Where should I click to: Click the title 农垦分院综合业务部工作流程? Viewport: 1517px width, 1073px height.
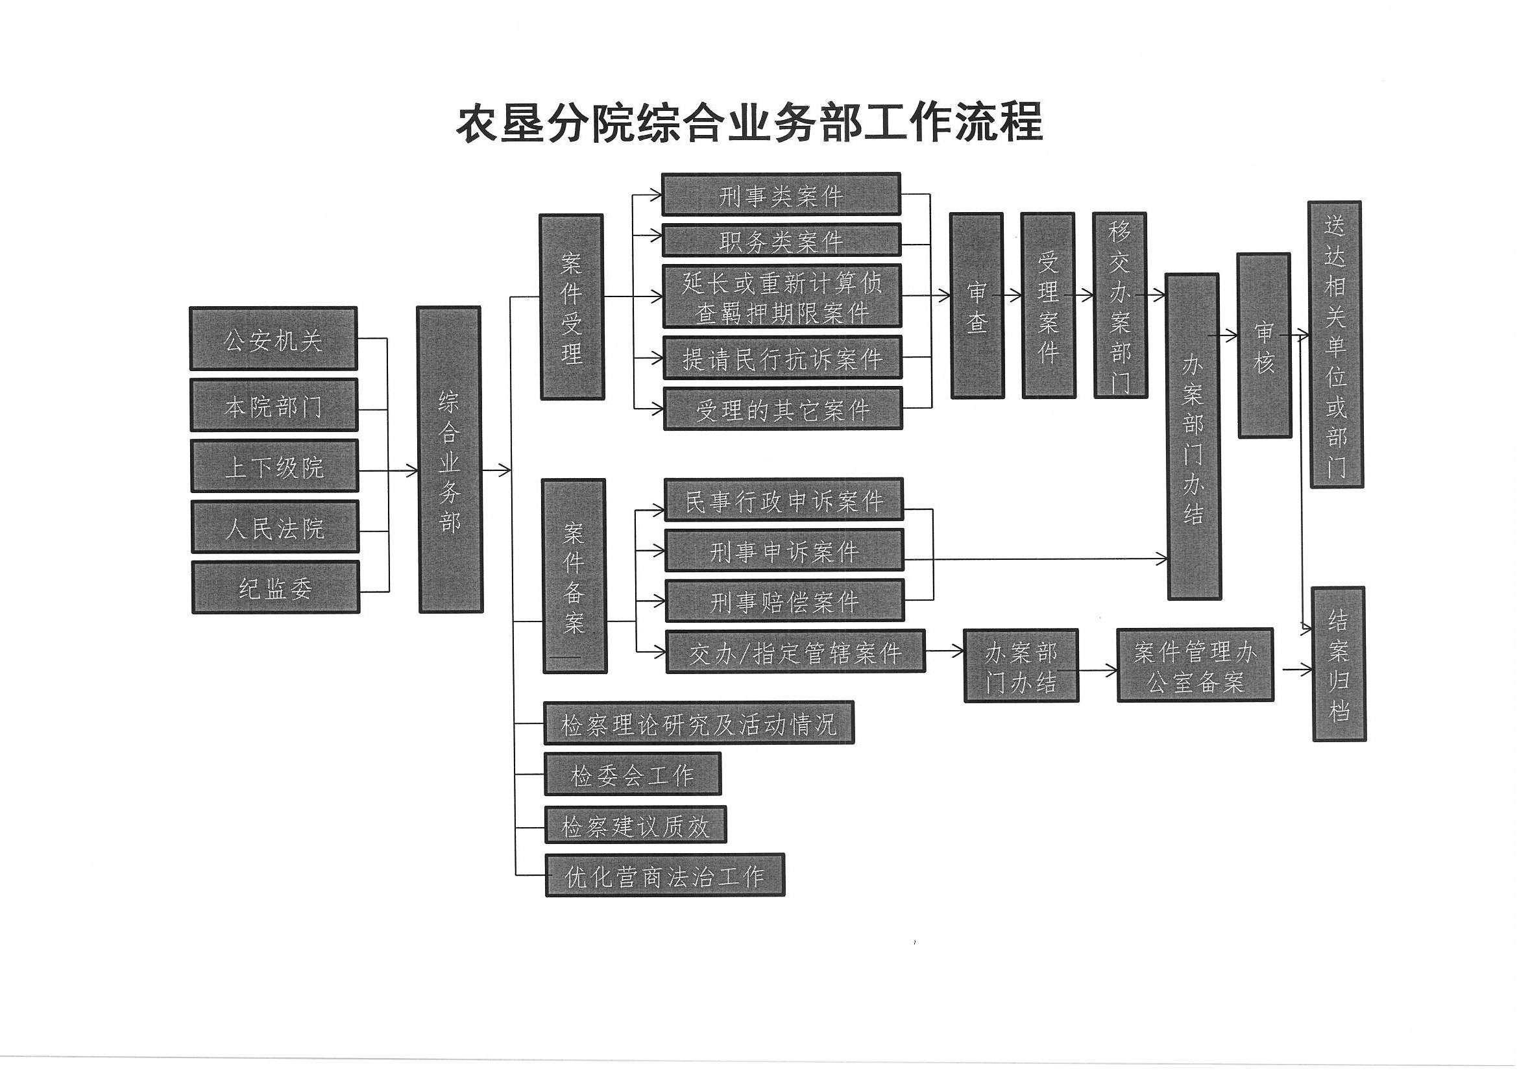[x=749, y=123]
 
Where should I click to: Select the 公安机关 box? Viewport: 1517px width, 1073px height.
[x=274, y=338]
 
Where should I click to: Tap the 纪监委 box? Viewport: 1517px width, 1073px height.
[x=276, y=587]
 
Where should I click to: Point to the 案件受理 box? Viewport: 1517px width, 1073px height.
[x=572, y=307]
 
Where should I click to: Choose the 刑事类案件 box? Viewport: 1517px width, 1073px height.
[x=781, y=194]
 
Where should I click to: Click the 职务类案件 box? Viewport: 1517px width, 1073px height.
[x=782, y=240]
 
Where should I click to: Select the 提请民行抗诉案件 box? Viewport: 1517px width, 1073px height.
[x=783, y=358]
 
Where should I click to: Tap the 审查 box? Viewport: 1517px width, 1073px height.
[x=977, y=306]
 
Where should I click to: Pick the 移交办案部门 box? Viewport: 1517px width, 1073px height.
[x=1120, y=306]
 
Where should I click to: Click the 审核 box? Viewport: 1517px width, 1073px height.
[x=1264, y=345]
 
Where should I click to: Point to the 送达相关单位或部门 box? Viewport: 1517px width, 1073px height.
[x=1335, y=344]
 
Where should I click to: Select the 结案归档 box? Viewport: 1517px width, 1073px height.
[x=1339, y=664]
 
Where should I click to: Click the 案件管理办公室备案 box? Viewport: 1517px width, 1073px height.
[x=1195, y=665]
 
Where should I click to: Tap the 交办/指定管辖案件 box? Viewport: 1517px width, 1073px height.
[x=795, y=651]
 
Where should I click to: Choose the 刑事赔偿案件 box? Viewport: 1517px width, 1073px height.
[x=784, y=601]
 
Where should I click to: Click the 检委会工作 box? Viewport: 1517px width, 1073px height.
[x=633, y=774]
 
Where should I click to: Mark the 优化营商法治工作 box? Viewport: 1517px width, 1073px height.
[x=664, y=874]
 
